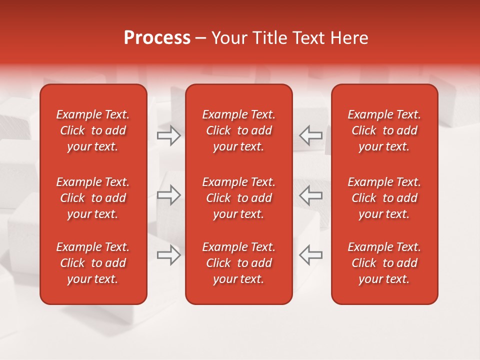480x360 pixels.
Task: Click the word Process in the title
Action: coord(157,38)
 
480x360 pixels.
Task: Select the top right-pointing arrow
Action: coord(169,135)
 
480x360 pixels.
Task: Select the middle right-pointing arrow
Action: coord(169,194)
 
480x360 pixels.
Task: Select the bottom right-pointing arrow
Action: coord(169,254)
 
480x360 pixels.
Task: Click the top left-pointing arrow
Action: coord(310,135)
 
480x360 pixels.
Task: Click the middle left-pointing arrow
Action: coord(310,194)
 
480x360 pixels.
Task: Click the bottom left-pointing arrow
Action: coord(310,254)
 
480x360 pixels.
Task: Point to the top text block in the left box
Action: coord(93,130)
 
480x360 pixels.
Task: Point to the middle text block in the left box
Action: coord(93,198)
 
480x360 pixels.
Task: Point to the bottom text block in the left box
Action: coord(93,263)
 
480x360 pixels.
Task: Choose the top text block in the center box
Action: coord(238,130)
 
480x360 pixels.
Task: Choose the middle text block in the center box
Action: coord(238,198)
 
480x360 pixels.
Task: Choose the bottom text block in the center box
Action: coord(238,263)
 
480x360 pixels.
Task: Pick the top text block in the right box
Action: coord(384,130)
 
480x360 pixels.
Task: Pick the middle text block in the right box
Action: coord(384,198)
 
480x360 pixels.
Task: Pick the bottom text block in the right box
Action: coord(384,263)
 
